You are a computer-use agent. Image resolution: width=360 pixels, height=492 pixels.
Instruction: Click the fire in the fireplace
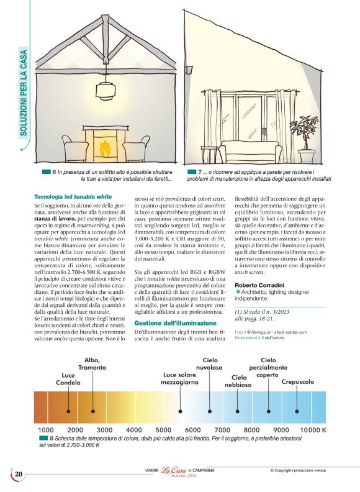coord(106,149)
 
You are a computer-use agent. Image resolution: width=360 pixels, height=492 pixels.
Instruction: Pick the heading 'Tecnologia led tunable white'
coord(73,196)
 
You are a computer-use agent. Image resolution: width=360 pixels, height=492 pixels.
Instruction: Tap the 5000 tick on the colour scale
coord(163,429)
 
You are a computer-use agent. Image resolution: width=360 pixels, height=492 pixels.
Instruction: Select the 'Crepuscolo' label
coord(297,381)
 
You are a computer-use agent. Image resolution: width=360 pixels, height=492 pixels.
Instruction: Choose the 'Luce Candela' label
coord(70,378)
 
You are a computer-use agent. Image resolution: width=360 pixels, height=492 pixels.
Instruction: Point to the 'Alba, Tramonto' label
coord(92,364)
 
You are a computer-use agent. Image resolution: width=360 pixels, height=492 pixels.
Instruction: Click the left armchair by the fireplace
coord(74,149)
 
